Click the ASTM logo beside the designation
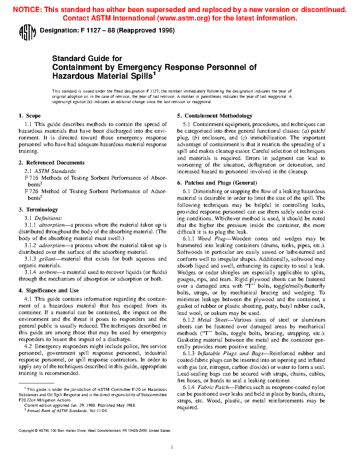[x=27, y=32]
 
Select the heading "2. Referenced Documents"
[x=52, y=163]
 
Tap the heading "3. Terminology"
[x=38, y=210]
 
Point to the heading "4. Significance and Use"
[x=49, y=291]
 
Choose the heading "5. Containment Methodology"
[x=215, y=116]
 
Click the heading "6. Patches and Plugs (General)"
[x=217, y=183]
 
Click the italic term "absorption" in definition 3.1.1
[x=52, y=225]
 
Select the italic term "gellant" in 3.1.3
[x=47, y=259]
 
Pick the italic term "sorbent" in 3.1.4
[x=48, y=272]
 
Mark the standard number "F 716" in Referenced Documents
[x=31, y=178]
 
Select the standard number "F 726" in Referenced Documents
[x=31, y=191]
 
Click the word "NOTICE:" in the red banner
[x=28, y=10]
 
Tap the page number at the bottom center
[x=172, y=447]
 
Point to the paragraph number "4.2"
[x=28, y=346]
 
